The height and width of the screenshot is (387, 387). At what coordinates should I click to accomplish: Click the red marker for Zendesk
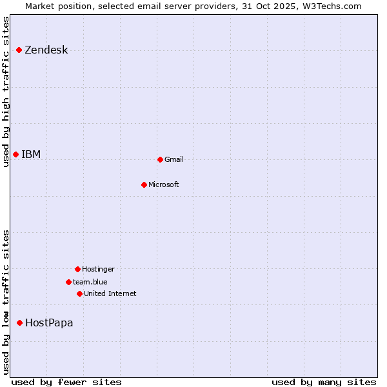(19, 50)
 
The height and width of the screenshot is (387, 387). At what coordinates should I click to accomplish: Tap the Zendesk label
(46, 50)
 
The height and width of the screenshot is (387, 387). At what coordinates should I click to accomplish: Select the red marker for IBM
(16, 154)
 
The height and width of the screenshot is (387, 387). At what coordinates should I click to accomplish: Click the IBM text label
(31, 154)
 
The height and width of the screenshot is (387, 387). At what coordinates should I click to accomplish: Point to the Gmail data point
(160, 159)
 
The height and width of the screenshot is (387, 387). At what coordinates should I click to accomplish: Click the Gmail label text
(174, 160)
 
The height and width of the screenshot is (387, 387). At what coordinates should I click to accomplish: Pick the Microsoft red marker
(144, 184)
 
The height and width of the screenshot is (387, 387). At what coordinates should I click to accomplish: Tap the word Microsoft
(163, 185)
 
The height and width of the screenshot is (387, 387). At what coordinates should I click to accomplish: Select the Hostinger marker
(77, 269)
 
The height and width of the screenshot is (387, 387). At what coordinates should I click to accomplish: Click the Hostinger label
(98, 270)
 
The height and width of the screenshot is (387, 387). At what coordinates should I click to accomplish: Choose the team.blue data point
(68, 282)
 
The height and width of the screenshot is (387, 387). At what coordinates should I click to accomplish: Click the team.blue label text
(90, 282)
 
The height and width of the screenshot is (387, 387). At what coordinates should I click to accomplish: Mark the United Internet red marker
(79, 293)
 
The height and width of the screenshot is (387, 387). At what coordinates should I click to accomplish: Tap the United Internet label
(110, 294)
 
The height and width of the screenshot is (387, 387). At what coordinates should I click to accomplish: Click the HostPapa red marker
(20, 322)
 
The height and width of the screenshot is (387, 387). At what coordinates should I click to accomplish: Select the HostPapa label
(49, 323)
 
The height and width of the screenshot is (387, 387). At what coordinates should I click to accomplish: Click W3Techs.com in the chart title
(331, 6)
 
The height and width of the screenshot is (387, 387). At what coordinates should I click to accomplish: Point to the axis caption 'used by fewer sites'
(66, 382)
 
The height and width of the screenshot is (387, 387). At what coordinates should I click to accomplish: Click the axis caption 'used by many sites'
(323, 382)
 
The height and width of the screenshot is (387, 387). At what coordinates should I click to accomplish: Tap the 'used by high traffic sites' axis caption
(6, 92)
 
